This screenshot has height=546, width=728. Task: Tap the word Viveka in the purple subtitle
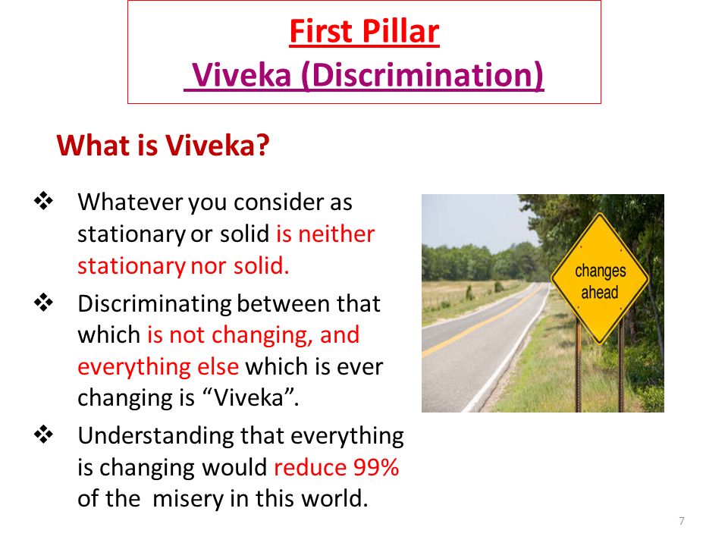[x=241, y=75]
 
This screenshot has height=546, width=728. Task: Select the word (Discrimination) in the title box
[x=422, y=76]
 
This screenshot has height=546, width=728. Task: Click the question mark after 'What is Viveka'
[x=263, y=146]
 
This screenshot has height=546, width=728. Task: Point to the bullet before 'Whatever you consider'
[x=43, y=201]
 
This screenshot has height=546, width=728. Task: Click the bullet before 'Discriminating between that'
[x=43, y=303]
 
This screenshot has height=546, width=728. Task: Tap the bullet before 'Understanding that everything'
[x=43, y=435]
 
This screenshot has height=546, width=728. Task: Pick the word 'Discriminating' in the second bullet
[x=155, y=305]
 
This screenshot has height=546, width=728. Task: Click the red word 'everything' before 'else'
[x=134, y=367]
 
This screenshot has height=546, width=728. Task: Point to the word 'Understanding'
[x=156, y=437]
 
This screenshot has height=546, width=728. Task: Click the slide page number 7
[x=682, y=521]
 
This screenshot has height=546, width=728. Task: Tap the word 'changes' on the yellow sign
[x=601, y=271]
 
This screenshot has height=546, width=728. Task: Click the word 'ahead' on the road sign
[x=599, y=293]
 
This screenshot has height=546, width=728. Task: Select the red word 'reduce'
[x=310, y=467]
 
